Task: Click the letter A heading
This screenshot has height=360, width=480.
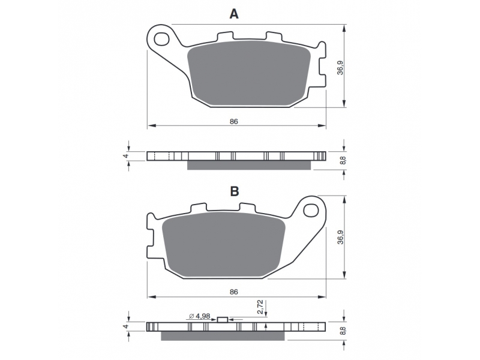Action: click(x=234, y=14)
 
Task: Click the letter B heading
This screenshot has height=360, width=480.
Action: click(x=235, y=191)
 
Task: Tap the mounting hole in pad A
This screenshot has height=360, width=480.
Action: click(x=161, y=39)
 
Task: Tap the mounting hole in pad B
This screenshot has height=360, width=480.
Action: click(x=311, y=211)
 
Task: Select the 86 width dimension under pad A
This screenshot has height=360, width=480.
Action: click(x=234, y=122)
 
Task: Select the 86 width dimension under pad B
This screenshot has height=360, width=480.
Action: click(x=234, y=292)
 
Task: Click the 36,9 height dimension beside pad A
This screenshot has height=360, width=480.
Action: click(x=340, y=68)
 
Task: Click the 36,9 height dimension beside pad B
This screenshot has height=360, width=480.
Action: click(x=340, y=237)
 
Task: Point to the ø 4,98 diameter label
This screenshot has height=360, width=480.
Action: click(x=200, y=316)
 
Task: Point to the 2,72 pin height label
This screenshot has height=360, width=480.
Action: click(x=260, y=307)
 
